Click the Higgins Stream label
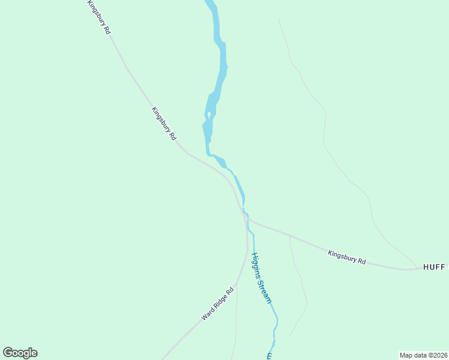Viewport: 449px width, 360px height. pos(262,277)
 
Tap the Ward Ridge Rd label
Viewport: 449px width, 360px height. pos(217,304)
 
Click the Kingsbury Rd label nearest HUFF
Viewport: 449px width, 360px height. pos(347,257)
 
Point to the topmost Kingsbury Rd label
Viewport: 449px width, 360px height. pos(99,17)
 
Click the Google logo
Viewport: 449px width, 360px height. pos(20,353)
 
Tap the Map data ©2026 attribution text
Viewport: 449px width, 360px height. pos(423,355)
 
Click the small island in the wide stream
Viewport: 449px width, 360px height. pos(208,115)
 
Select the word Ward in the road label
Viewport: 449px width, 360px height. pos(208,313)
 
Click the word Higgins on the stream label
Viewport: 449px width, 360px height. pos(256,263)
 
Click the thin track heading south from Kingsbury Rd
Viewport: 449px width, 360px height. pos(299,282)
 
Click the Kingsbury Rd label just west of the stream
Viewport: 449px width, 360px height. pos(164,124)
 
